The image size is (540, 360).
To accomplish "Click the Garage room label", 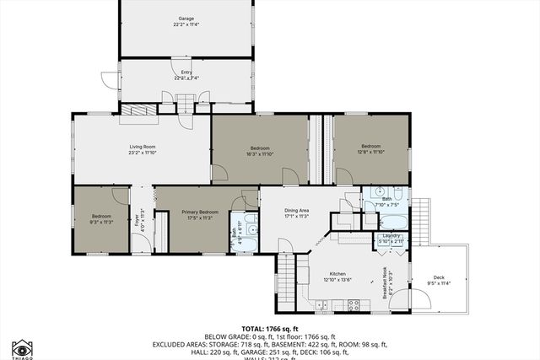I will (x=186, y=18).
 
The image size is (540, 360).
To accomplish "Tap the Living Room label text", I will (x=142, y=147).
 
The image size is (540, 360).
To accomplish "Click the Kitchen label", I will (x=337, y=275).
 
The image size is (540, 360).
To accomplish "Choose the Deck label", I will (x=438, y=277).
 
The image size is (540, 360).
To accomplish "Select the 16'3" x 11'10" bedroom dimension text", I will (x=260, y=154).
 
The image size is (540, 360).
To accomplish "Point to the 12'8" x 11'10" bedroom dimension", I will (x=370, y=152).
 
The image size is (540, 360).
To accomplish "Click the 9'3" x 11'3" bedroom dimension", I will (x=100, y=222).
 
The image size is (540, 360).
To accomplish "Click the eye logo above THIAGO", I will (x=21, y=348).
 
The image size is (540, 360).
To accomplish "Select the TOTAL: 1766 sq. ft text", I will (x=269, y=327).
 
